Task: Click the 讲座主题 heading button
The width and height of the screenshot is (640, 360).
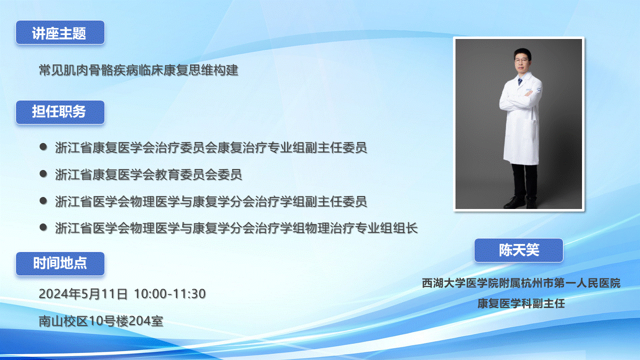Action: [60, 32]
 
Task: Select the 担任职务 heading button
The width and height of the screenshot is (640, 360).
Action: [60, 112]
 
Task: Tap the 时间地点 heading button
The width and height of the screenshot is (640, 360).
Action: [60, 263]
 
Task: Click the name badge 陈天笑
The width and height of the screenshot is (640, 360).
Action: [518, 250]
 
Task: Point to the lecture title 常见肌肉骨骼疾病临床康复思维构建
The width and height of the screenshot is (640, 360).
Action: [138, 70]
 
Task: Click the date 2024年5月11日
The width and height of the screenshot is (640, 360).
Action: [83, 293]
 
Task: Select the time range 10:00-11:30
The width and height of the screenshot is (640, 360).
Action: [169, 293]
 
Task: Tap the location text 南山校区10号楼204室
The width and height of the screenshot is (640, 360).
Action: [101, 321]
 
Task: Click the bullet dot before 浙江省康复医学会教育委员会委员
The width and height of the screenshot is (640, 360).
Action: [43, 173]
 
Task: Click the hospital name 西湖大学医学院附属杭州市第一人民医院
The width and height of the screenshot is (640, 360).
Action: [521, 283]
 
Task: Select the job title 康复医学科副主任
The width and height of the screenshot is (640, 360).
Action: [521, 303]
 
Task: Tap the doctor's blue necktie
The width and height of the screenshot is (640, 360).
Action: [520, 81]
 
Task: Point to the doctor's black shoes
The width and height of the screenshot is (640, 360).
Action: [520, 202]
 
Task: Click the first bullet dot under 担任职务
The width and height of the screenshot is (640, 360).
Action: [43, 147]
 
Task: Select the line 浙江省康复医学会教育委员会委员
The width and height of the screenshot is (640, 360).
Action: [148, 174]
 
